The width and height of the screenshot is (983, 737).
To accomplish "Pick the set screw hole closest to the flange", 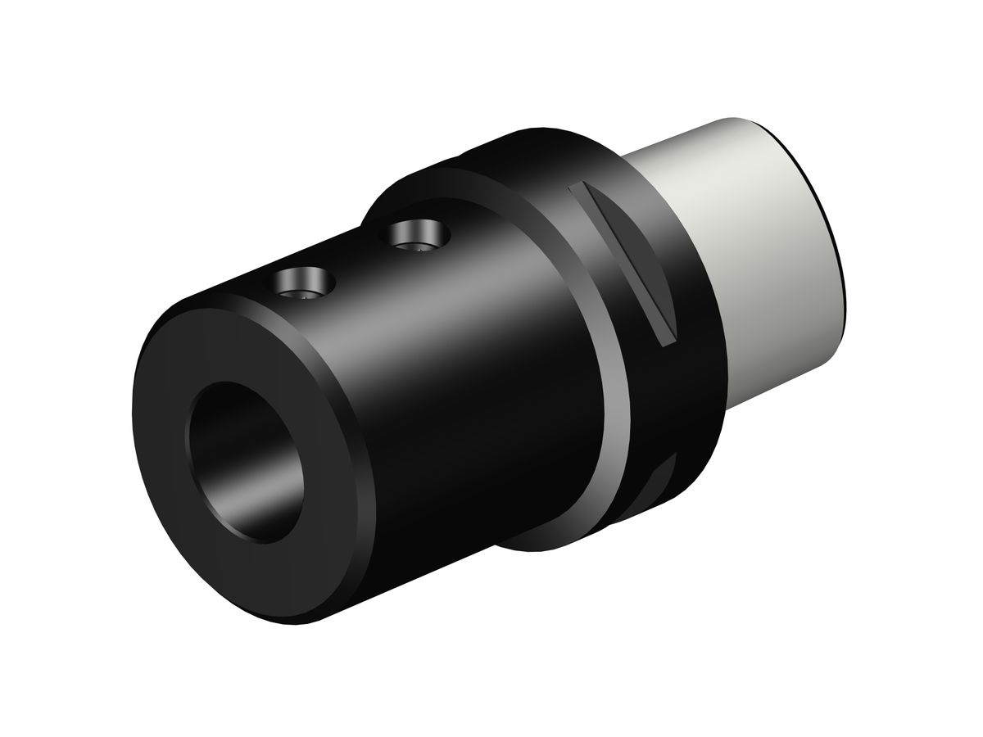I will click(418, 236).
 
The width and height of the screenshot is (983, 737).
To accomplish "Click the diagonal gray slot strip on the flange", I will click(626, 261).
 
